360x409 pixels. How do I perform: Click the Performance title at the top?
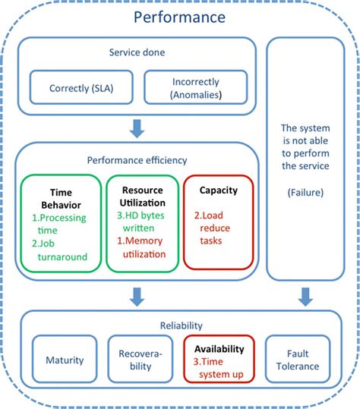point(179,17)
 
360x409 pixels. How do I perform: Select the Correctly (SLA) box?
point(80,87)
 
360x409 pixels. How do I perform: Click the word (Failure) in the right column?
point(304,193)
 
